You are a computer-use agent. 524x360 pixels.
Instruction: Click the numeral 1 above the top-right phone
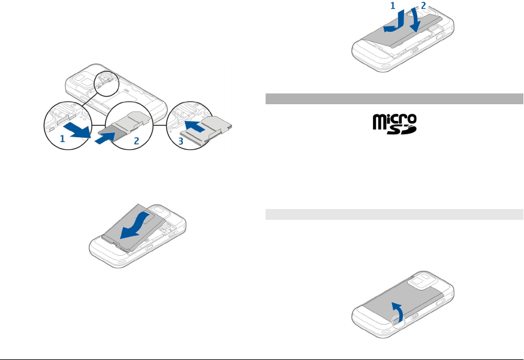coord(393,5)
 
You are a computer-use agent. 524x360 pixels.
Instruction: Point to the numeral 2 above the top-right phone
coord(423,5)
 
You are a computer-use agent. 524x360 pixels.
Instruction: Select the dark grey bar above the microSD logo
coord(394,99)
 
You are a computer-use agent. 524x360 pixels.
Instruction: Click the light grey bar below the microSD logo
coord(394,214)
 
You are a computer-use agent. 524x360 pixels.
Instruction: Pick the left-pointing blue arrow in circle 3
coord(198,126)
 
